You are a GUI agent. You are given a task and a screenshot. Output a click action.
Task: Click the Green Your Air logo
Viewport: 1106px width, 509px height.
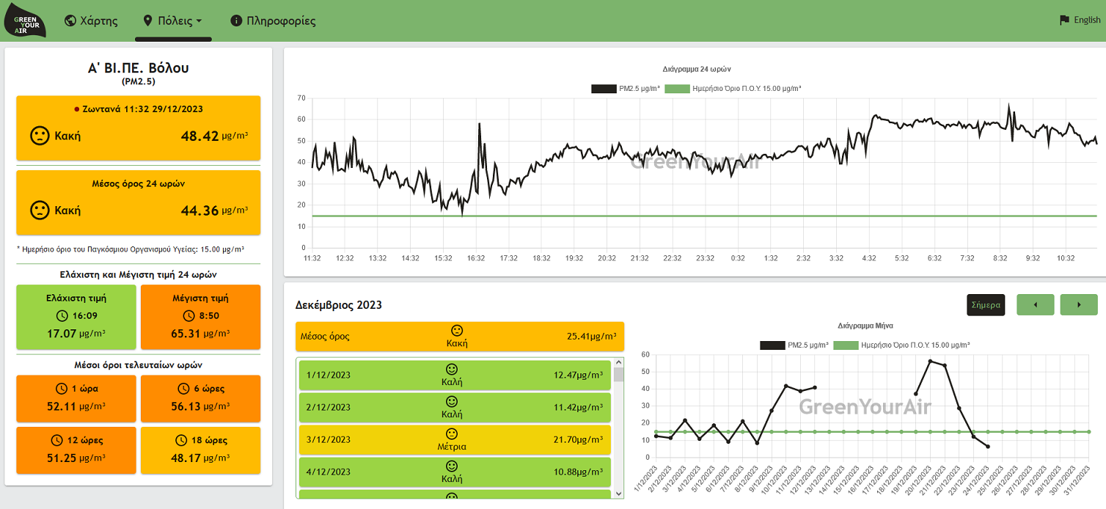[x=25, y=21]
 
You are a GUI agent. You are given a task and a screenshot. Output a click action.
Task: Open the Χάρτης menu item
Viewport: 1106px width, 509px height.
[x=92, y=21]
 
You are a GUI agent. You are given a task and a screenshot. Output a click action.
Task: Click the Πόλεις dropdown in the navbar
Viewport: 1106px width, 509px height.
[x=173, y=21]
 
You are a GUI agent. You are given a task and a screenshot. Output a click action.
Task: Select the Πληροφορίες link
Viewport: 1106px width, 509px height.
[x=273, y=21]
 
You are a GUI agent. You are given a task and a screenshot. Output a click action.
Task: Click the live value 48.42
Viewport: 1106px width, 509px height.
[x=199, y=136]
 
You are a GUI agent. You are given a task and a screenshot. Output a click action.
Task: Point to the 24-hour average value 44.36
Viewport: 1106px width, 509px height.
[x=199, y=210]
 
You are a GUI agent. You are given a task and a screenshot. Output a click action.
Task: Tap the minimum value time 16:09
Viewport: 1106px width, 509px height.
[x=84, y=315]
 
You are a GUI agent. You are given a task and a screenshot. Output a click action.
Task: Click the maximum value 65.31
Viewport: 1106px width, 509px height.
[x=185, y=334]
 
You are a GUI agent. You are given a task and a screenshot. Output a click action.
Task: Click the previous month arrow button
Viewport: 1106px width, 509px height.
[x=1036, y=304]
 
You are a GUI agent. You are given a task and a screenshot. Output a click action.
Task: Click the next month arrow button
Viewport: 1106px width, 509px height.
[x=1079, y=304]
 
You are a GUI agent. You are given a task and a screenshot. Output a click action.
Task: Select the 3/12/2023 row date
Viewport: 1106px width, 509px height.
[x=329, y=439]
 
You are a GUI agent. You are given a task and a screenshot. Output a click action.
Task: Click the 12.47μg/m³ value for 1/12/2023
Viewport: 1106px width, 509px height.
[x=578, y=376]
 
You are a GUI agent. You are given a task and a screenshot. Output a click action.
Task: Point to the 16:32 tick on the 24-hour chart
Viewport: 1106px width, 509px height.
[x=476, y=258]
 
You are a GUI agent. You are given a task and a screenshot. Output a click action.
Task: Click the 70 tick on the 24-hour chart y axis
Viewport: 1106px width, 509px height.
[x=301, y=98]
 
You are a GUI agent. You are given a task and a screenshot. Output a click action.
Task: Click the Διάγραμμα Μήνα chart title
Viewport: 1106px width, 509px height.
[x=865, y=326]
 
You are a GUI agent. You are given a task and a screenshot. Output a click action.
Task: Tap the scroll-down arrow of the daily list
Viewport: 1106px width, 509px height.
[x=619, y=493]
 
